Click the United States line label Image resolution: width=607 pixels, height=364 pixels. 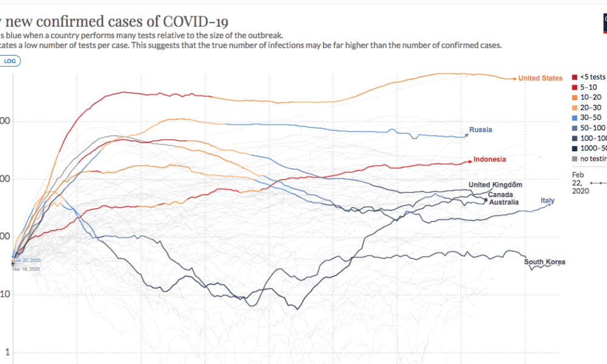tap(540, 78)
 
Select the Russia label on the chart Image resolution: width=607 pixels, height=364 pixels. tap(481, 130)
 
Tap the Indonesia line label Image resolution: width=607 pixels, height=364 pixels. tap(490, 160)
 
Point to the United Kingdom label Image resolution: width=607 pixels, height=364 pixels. tap(495, 185)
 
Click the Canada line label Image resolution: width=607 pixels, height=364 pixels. tap(500, 194)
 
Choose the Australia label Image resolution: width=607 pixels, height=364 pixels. tap(504, 202)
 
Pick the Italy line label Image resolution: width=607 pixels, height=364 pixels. tap(548, 201)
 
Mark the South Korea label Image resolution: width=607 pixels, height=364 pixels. tap(544, 262)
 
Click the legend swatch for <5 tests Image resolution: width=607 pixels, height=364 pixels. tap(574, 77)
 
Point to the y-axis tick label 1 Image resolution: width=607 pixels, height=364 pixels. tap(8, 352)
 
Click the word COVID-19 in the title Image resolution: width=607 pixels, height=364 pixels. tap(195, 22)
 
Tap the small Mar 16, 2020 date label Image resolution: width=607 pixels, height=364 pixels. tap(26, 269)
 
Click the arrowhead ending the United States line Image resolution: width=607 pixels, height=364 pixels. tap(515, 78)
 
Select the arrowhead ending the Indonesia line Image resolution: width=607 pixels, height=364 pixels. tap(470, 160)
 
